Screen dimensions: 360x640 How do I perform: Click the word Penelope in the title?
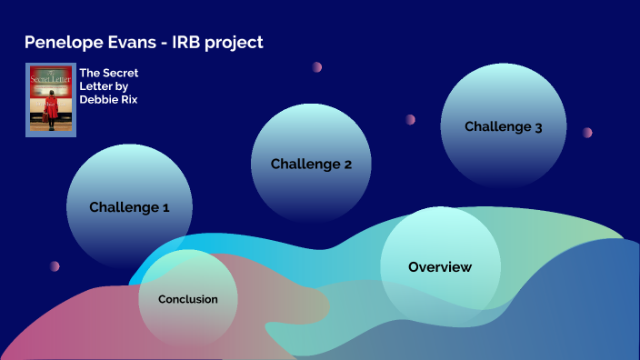click(61, 43)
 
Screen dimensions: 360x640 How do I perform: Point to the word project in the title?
click(234, 43)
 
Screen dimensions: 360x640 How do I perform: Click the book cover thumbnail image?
click(52, 99)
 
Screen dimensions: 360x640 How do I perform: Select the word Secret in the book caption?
click(121, 73)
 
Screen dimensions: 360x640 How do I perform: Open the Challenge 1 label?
click(129, 207)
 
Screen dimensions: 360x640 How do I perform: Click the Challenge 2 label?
click(311, 165)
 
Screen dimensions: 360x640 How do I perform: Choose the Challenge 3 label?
click(503, 127)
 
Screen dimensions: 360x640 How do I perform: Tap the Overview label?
click(440, 267)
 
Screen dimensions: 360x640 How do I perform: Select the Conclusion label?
click(188, 299)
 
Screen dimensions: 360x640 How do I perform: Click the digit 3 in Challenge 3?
click(538, 127)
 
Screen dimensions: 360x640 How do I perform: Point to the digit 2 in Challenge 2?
click(346, 165)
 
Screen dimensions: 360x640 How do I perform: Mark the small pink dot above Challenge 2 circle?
click(317, 67)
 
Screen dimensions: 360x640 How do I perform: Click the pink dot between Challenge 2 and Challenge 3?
click(411, 119)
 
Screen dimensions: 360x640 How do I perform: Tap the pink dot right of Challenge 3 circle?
click(587, 133)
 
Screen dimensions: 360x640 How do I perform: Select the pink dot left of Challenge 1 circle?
click(55, 266)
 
